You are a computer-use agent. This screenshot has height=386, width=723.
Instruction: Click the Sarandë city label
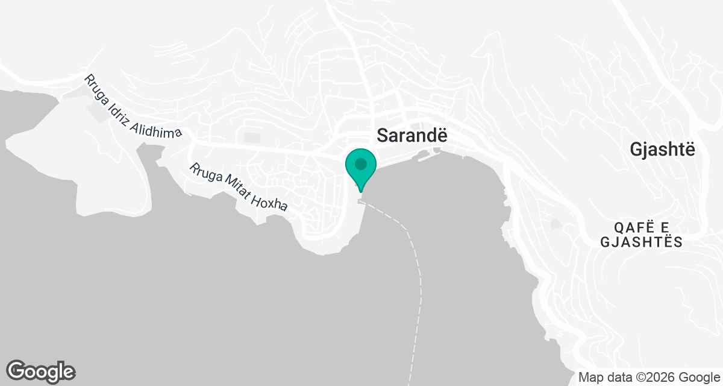coord(413,136)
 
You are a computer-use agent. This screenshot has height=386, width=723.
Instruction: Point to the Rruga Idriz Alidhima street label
coord(133,106)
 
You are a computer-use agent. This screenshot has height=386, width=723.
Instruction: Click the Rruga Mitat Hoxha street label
coord(239,188)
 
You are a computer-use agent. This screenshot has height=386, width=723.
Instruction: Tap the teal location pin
coord(361,169)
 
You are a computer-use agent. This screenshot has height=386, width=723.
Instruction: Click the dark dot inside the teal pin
coord(361,163)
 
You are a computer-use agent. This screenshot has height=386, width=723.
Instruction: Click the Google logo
coord(41,370)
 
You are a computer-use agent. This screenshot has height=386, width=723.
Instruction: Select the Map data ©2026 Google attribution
coord(649,377)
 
